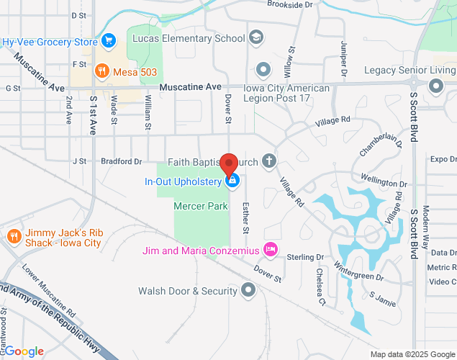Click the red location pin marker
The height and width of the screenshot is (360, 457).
click(229, 165)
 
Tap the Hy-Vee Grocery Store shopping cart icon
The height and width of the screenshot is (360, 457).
click(109, 40)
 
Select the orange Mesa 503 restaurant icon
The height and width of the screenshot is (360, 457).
click(102, 71)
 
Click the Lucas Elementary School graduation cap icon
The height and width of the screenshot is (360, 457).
click(256, 37)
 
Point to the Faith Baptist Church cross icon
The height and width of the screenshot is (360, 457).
click(269, 161)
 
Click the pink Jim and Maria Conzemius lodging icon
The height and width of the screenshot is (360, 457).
click(271, 250)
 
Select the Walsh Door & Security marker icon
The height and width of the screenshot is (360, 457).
click(249, 291)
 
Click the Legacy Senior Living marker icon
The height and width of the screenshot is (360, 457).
click(435, 86)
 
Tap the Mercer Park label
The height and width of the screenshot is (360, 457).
click(201, 206)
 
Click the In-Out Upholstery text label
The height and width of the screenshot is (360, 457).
click(183, 181)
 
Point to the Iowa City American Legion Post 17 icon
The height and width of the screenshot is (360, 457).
click(263, 70)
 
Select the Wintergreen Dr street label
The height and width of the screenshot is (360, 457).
click(358, 271)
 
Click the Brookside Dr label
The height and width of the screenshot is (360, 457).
click(289, 4)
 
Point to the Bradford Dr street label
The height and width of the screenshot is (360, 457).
click(121, 161)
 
